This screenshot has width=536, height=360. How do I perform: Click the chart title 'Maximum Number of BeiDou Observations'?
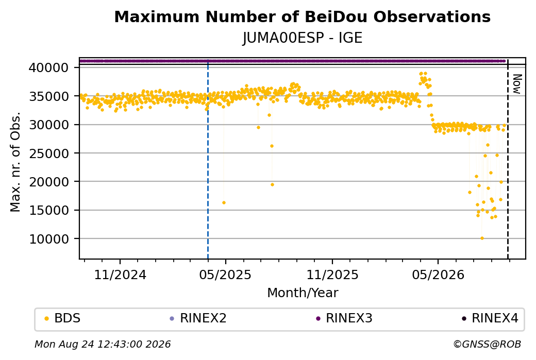click(302, 16)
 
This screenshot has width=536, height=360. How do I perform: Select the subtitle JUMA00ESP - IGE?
click(302, 38)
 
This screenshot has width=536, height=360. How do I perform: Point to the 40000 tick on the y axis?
click(49, 67)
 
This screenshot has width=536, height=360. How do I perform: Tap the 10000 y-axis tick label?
click(49, 239)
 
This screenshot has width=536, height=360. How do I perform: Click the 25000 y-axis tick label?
click(49, 153)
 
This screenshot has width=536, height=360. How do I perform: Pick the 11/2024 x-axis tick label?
click(120, 275)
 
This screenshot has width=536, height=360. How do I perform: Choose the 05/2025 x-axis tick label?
click(225, 275)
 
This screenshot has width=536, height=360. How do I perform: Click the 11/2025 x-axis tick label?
click(332, 275)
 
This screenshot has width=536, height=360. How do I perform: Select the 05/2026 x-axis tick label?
click(438, 275)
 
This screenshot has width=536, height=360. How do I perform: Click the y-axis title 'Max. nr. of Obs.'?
click(15, 162)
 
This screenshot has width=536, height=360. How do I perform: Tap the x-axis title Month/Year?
click(303, 293)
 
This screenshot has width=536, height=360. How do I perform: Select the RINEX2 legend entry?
click(198, 318)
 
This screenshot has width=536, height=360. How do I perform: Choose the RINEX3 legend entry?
click(344, 318)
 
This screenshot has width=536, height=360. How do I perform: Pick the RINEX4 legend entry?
click(490, 318)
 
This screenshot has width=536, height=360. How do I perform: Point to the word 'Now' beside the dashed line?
click(517, 84)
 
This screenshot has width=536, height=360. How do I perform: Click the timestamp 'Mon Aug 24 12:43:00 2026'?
click(103, 344)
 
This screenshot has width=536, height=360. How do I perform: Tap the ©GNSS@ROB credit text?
click(487, 344)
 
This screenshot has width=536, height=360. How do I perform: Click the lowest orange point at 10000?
click(482, 238)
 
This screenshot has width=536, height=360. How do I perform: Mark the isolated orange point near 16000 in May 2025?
click(224, 203)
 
